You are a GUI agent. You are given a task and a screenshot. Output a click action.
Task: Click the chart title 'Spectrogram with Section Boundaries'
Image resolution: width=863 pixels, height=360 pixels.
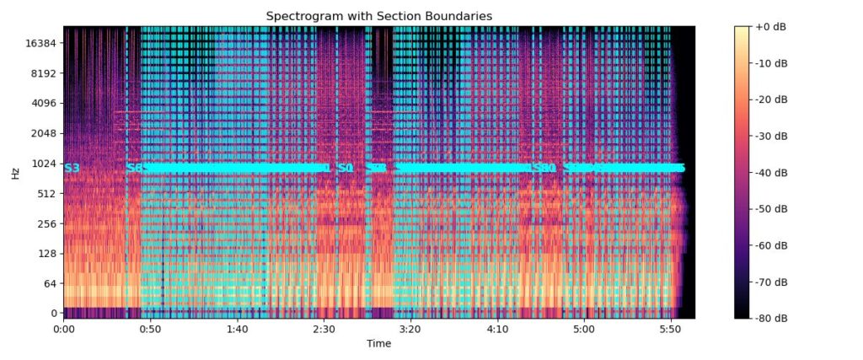pos(378,16)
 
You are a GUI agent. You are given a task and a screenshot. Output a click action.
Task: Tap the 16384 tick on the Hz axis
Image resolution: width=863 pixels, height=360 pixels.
pos(40,43)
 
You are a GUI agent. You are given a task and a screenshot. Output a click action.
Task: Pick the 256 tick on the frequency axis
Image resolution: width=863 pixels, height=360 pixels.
pos(46,223)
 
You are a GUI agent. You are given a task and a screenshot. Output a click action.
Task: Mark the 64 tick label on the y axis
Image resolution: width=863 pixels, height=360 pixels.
pos(50,283)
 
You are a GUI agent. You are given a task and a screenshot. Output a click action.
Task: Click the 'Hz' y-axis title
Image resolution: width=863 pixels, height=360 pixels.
pos(15,173)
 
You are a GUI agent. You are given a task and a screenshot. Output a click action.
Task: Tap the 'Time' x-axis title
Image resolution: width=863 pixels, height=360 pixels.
pos(378,343)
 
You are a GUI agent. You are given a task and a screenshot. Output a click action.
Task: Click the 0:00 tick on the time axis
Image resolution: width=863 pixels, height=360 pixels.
pos(64,329)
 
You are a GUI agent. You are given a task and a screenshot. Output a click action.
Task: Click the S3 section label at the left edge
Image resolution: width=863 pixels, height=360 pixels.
pos(72,168)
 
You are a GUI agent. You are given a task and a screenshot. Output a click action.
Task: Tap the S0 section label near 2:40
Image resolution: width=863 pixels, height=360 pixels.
pos(345,168)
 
